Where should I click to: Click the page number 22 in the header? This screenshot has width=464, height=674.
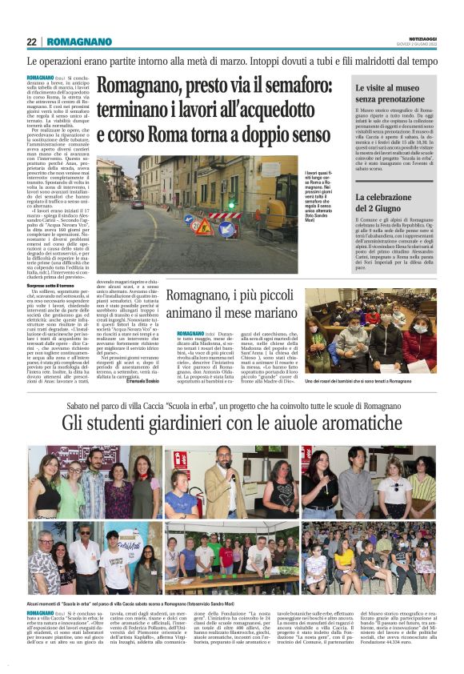[x=31, y=42]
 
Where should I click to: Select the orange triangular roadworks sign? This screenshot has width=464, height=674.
[x=202, y=229]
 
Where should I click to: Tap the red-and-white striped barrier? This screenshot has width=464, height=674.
[x=225, y=215]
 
